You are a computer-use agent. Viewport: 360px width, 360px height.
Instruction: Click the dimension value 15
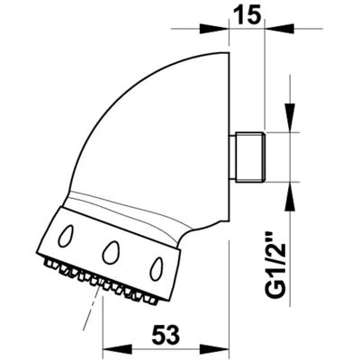(x=246, y=16)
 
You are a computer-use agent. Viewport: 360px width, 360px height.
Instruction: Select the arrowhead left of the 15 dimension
(x=214, y=29)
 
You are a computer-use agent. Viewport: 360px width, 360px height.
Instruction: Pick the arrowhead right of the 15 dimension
(x=278, y=29)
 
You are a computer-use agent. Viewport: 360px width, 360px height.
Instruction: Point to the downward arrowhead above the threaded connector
(x=290, y=118)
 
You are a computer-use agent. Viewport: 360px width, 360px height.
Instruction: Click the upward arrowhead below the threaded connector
(x=290, y=196)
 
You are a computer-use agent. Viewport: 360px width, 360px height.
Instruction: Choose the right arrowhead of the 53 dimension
(x=214, y=350)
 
